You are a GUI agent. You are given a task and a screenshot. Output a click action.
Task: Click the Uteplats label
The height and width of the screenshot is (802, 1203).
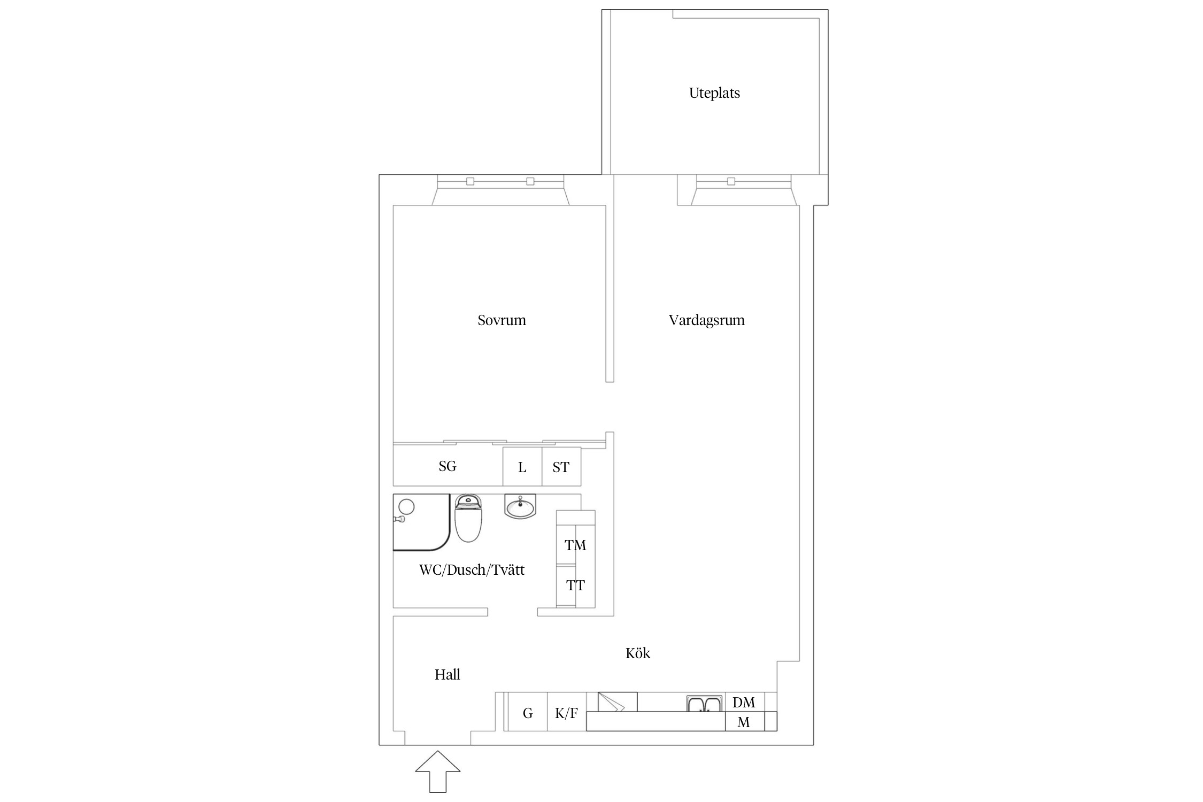714,93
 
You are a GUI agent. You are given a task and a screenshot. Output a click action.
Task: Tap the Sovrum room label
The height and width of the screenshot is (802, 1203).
502,320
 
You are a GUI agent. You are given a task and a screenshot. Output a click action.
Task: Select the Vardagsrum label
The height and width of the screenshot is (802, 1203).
706,320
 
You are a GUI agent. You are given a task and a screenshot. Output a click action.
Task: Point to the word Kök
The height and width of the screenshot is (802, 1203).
638,653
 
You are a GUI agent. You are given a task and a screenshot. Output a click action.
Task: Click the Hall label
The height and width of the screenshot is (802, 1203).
447,675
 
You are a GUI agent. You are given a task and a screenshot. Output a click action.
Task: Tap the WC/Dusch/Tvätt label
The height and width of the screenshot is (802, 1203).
472,570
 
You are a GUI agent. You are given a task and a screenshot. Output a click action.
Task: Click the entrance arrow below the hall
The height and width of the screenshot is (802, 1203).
438,772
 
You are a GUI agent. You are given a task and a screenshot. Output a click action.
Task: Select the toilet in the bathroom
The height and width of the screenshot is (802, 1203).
468,518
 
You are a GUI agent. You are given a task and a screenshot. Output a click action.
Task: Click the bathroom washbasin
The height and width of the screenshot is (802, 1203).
520,506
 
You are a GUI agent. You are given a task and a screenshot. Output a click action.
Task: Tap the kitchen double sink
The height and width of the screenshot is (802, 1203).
705,704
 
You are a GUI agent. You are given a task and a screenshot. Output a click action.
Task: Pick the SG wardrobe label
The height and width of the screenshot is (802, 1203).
447,466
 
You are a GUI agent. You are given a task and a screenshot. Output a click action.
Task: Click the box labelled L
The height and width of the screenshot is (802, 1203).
522,466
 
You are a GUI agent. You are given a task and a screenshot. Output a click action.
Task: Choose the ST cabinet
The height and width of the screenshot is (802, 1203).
561,466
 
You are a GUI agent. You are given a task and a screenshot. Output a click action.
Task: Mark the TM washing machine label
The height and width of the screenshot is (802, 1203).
575,545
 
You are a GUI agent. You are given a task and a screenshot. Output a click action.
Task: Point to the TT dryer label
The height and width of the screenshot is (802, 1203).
575,585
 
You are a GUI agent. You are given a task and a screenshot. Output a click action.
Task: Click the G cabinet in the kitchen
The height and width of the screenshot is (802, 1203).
528,712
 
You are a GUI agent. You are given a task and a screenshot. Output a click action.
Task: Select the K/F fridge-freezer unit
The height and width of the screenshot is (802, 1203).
567,712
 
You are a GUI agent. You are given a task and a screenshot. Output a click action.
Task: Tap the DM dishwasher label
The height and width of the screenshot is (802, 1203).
744,703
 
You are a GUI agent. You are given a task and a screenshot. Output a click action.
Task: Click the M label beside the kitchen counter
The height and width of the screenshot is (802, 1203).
744,722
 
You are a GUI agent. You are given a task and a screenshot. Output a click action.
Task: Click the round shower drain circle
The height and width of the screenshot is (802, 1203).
407,506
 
